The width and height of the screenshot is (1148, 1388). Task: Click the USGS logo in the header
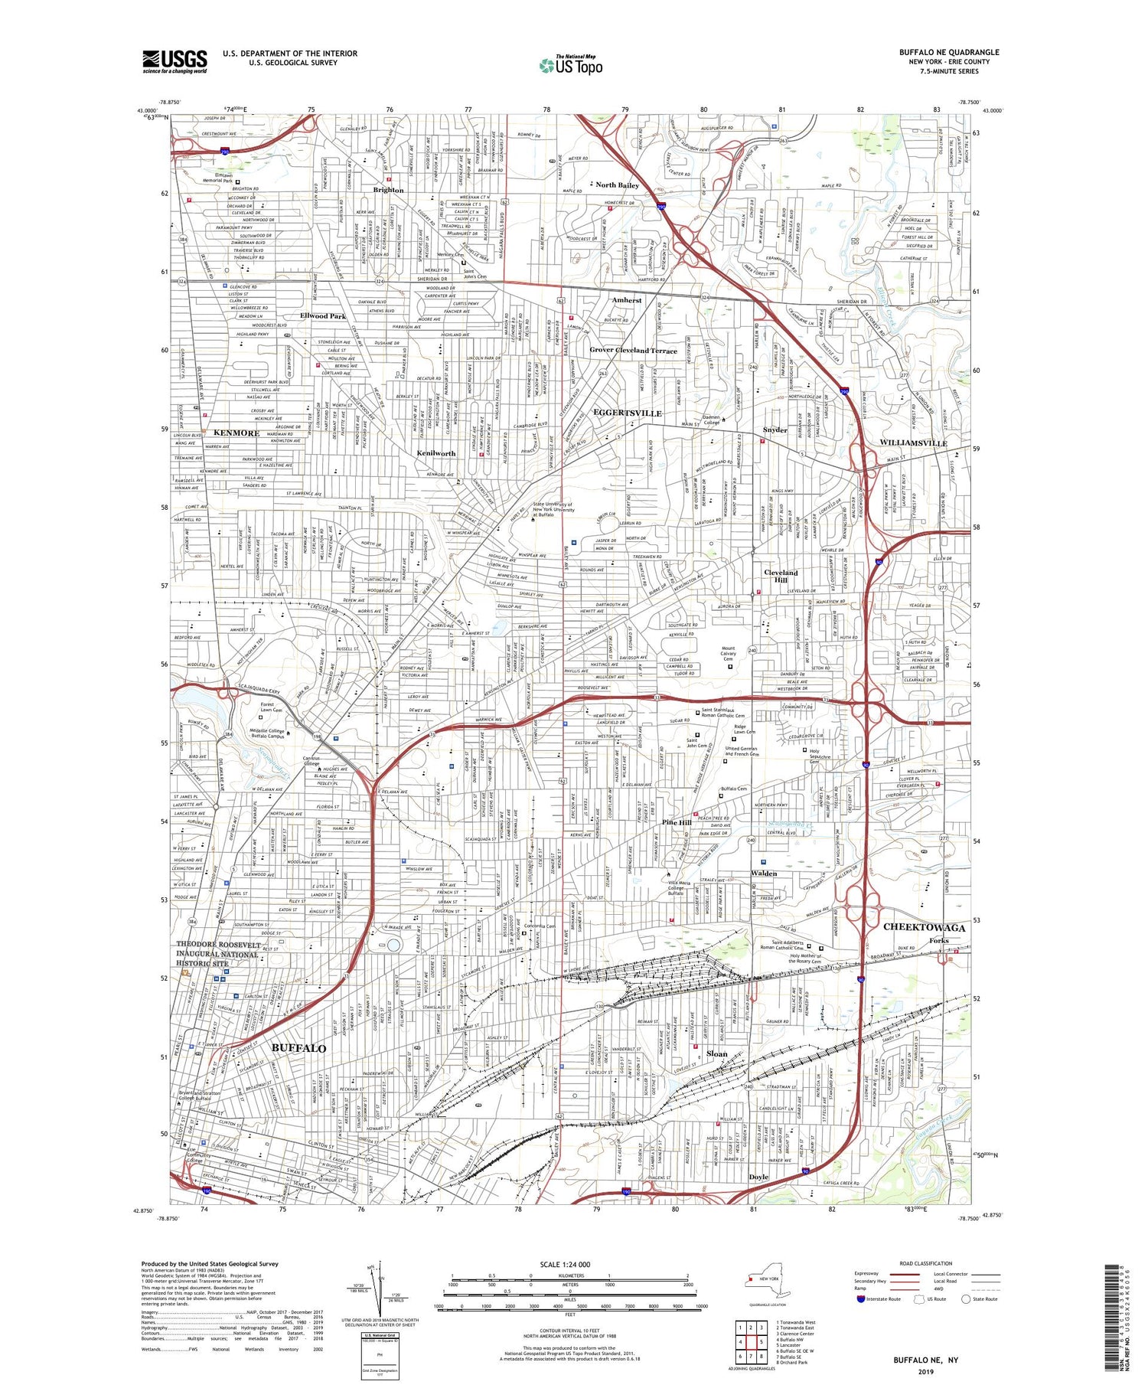pyautogui.click(x=174, y=61)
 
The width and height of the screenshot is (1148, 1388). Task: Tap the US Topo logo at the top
pyautogui.click(x=571, y=65)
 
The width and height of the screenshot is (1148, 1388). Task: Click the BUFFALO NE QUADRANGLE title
pyautogui.click(x=949, y=52)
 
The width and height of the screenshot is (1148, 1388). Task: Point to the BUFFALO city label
pyautogui.click(x=298, y=1048)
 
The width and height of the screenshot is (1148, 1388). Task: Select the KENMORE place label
pyautogui.click(x=236, y=433)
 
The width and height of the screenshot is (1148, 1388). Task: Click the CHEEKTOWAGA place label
pyautogui.click(x=924, y=927)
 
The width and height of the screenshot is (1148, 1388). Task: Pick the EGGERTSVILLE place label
pyautogui.click(x=628, y=413)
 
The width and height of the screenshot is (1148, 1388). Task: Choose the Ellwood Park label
pyautogui.click(x=323, y=316)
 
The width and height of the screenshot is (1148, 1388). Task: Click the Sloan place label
pyautogui.click(x=717, y=1053)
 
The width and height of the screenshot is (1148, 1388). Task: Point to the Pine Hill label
pyautogui.click(x=677, y=822)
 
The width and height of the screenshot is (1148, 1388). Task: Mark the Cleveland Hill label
pyautogui.click(x=781, y=576)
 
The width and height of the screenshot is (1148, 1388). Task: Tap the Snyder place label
pyautogui.click(x=775, y=429)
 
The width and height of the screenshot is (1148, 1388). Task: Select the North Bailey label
pyautogui.click(x=617, y=185)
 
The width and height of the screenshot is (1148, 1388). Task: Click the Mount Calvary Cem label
pyautogui.click(x=728, y=653)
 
